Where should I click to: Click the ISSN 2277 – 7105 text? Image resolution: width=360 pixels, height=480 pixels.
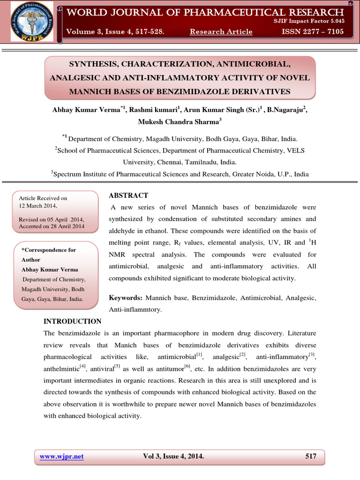(312, 32)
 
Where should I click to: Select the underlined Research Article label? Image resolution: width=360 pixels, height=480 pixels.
(221, 32)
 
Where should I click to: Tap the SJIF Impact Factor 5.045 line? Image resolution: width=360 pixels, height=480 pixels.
(308, 21)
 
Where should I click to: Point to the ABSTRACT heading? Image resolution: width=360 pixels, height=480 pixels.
(128, 195)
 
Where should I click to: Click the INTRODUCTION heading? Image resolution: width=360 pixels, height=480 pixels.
(72, 322)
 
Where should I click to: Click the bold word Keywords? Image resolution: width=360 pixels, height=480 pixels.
(126, 298)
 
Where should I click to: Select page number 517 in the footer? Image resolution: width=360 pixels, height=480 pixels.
(311, 457)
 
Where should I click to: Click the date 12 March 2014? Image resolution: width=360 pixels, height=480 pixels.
(37, 206)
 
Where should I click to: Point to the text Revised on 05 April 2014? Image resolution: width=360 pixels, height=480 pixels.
(51, 219)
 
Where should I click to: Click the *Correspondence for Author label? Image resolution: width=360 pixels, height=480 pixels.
(48, 255)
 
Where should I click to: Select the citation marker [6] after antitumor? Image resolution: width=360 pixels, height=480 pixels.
(187, 366)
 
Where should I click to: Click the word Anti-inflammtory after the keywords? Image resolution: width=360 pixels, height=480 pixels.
(135, 310)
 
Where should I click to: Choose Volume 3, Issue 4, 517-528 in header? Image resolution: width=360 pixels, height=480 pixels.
(115, 32)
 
